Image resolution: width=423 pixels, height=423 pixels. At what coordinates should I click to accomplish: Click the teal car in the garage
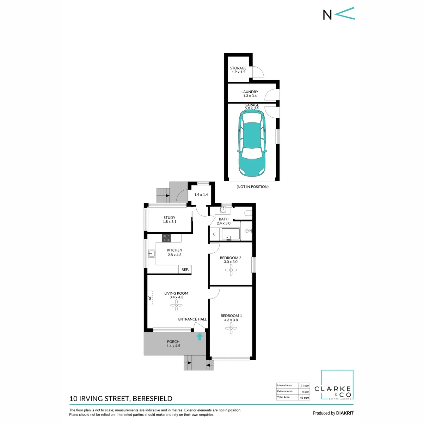point(252,143)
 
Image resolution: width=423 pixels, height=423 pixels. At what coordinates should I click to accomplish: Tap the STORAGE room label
point(238,68)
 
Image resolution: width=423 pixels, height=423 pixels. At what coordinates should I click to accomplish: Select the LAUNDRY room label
point(250,92)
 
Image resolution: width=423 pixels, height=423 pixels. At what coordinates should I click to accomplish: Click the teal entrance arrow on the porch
point(200,337)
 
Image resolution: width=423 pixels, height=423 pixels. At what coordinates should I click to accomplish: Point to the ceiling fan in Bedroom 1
point(231,329)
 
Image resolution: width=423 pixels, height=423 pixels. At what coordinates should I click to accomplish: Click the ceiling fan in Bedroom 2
point(231,270)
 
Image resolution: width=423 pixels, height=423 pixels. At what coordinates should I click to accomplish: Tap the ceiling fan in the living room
point(176,305)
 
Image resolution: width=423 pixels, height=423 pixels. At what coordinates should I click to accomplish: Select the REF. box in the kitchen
point(185,270)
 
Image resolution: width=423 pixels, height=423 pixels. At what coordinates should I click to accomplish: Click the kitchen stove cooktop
point(166,238)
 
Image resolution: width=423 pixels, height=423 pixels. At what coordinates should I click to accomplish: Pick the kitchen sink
point(152,254)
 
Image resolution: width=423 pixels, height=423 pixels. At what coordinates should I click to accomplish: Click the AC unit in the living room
point(150,298)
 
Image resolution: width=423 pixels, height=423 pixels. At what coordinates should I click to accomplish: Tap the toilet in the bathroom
point(248,213)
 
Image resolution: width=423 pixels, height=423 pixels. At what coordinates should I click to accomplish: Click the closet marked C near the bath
point(214,234)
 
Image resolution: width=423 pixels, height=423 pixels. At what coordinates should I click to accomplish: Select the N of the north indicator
point(327,15)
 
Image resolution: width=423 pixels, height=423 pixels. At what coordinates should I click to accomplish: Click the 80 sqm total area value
point(305,398)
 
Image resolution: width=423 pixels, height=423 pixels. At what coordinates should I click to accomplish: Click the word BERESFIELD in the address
point(153,399)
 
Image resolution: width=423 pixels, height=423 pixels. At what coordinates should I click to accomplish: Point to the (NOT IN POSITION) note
point(252,186)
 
